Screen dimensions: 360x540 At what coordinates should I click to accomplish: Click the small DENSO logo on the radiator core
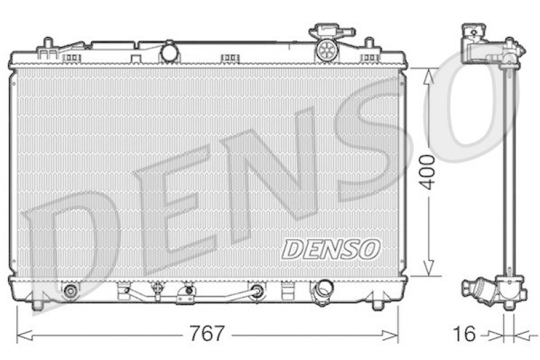[x=331, y=249]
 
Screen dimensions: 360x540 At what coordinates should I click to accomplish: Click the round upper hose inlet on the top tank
[x=169, y=51]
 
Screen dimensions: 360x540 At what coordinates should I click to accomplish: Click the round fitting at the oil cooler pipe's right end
[x=256, y=291]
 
